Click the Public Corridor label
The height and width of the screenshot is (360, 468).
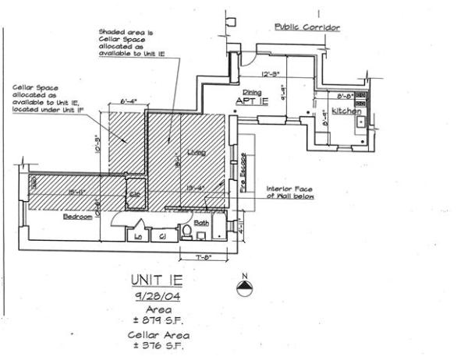pyautogui.click(x=309, y=26)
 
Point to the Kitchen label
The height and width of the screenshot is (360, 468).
pyautogui.click(x=346, y=111)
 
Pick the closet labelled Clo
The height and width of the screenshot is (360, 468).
pyautogui.click(x=133, y=195)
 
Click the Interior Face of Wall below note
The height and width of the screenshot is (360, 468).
pyautogui.click(x=291, y=192)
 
